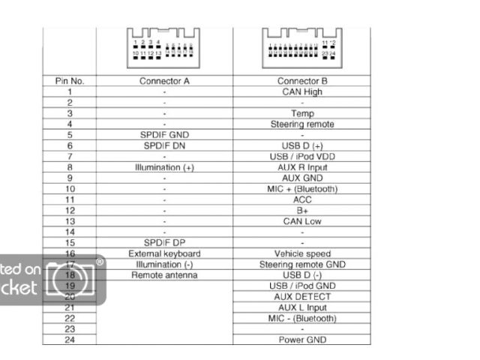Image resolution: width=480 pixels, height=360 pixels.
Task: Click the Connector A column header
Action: (x=164, y=81)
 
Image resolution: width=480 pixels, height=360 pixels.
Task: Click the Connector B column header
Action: (x=302, y=81)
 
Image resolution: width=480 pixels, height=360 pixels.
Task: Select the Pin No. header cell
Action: (x=69, y=81)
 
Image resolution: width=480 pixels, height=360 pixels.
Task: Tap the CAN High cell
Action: (x=302, y=91)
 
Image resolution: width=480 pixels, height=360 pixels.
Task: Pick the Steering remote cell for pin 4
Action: (x=302, y=124)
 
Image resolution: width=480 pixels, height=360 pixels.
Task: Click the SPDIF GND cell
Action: (x=164, y=135)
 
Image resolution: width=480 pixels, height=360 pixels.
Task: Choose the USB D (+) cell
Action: (x=302, y=145)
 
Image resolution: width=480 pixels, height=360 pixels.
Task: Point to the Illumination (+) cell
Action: (x=164, y=167)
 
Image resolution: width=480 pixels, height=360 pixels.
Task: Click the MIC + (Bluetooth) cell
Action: (x=302, y=189)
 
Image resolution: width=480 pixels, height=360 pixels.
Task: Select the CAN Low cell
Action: (x=302, y=221)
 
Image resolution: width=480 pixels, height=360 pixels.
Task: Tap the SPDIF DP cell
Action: (x=164, y=243)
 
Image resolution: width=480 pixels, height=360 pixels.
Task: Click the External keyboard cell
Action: (x=164, y=253)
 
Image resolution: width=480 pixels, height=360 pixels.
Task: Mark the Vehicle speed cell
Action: (x=302, y=253)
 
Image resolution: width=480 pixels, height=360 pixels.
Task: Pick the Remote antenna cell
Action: (x=164, y=275)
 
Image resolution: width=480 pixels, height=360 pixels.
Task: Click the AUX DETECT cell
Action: (x=302, y=297)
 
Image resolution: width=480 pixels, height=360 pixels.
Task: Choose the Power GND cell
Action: (x=302, y=340)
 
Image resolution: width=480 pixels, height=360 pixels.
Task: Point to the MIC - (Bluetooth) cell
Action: (x=302, y=319)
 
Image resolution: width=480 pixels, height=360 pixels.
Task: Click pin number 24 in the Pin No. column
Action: (x=69, y=340)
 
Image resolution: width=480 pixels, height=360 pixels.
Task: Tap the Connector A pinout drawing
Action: (x=164, y=45)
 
